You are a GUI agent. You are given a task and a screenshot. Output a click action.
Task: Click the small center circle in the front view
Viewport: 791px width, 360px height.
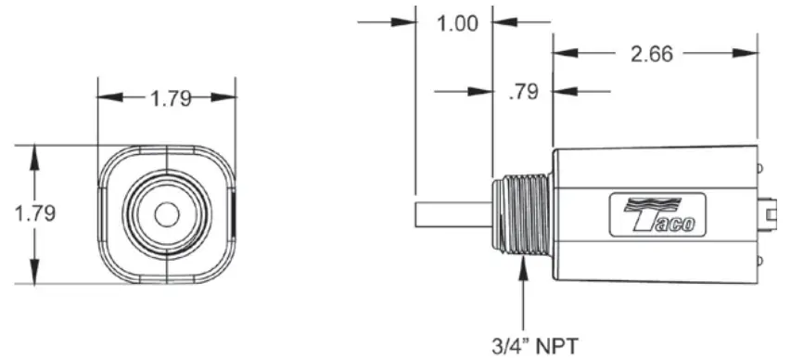pyautogui.click(x=167, y=213)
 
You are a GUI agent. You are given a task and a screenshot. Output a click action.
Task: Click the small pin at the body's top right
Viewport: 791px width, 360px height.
pyautogui.click(x=759, y=168)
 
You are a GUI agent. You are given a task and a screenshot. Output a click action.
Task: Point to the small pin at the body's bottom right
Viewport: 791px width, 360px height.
pyautogui.click(x=759, y=262)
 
